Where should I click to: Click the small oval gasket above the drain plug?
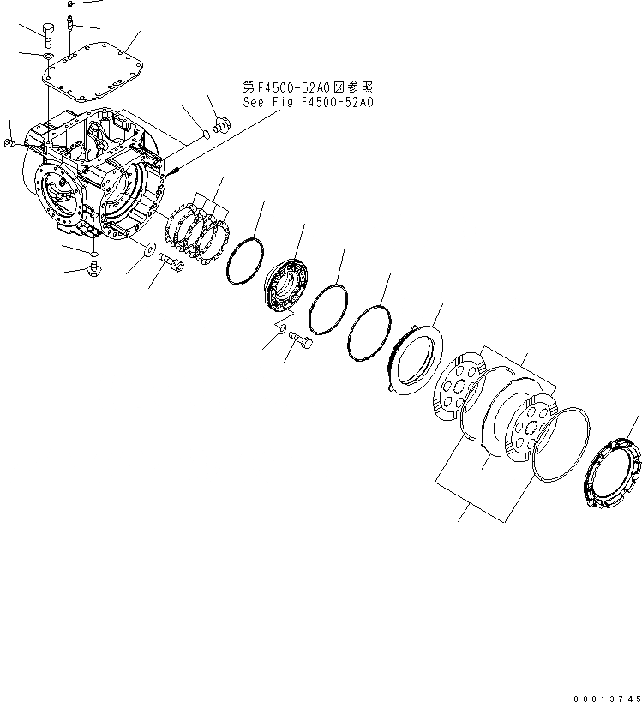tap(93, 255)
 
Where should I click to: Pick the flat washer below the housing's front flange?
tap(150, 249)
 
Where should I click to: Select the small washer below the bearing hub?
tap(281, 329)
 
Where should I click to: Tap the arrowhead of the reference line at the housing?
tap(175, 171)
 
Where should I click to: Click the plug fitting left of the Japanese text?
tap(219, 126)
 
